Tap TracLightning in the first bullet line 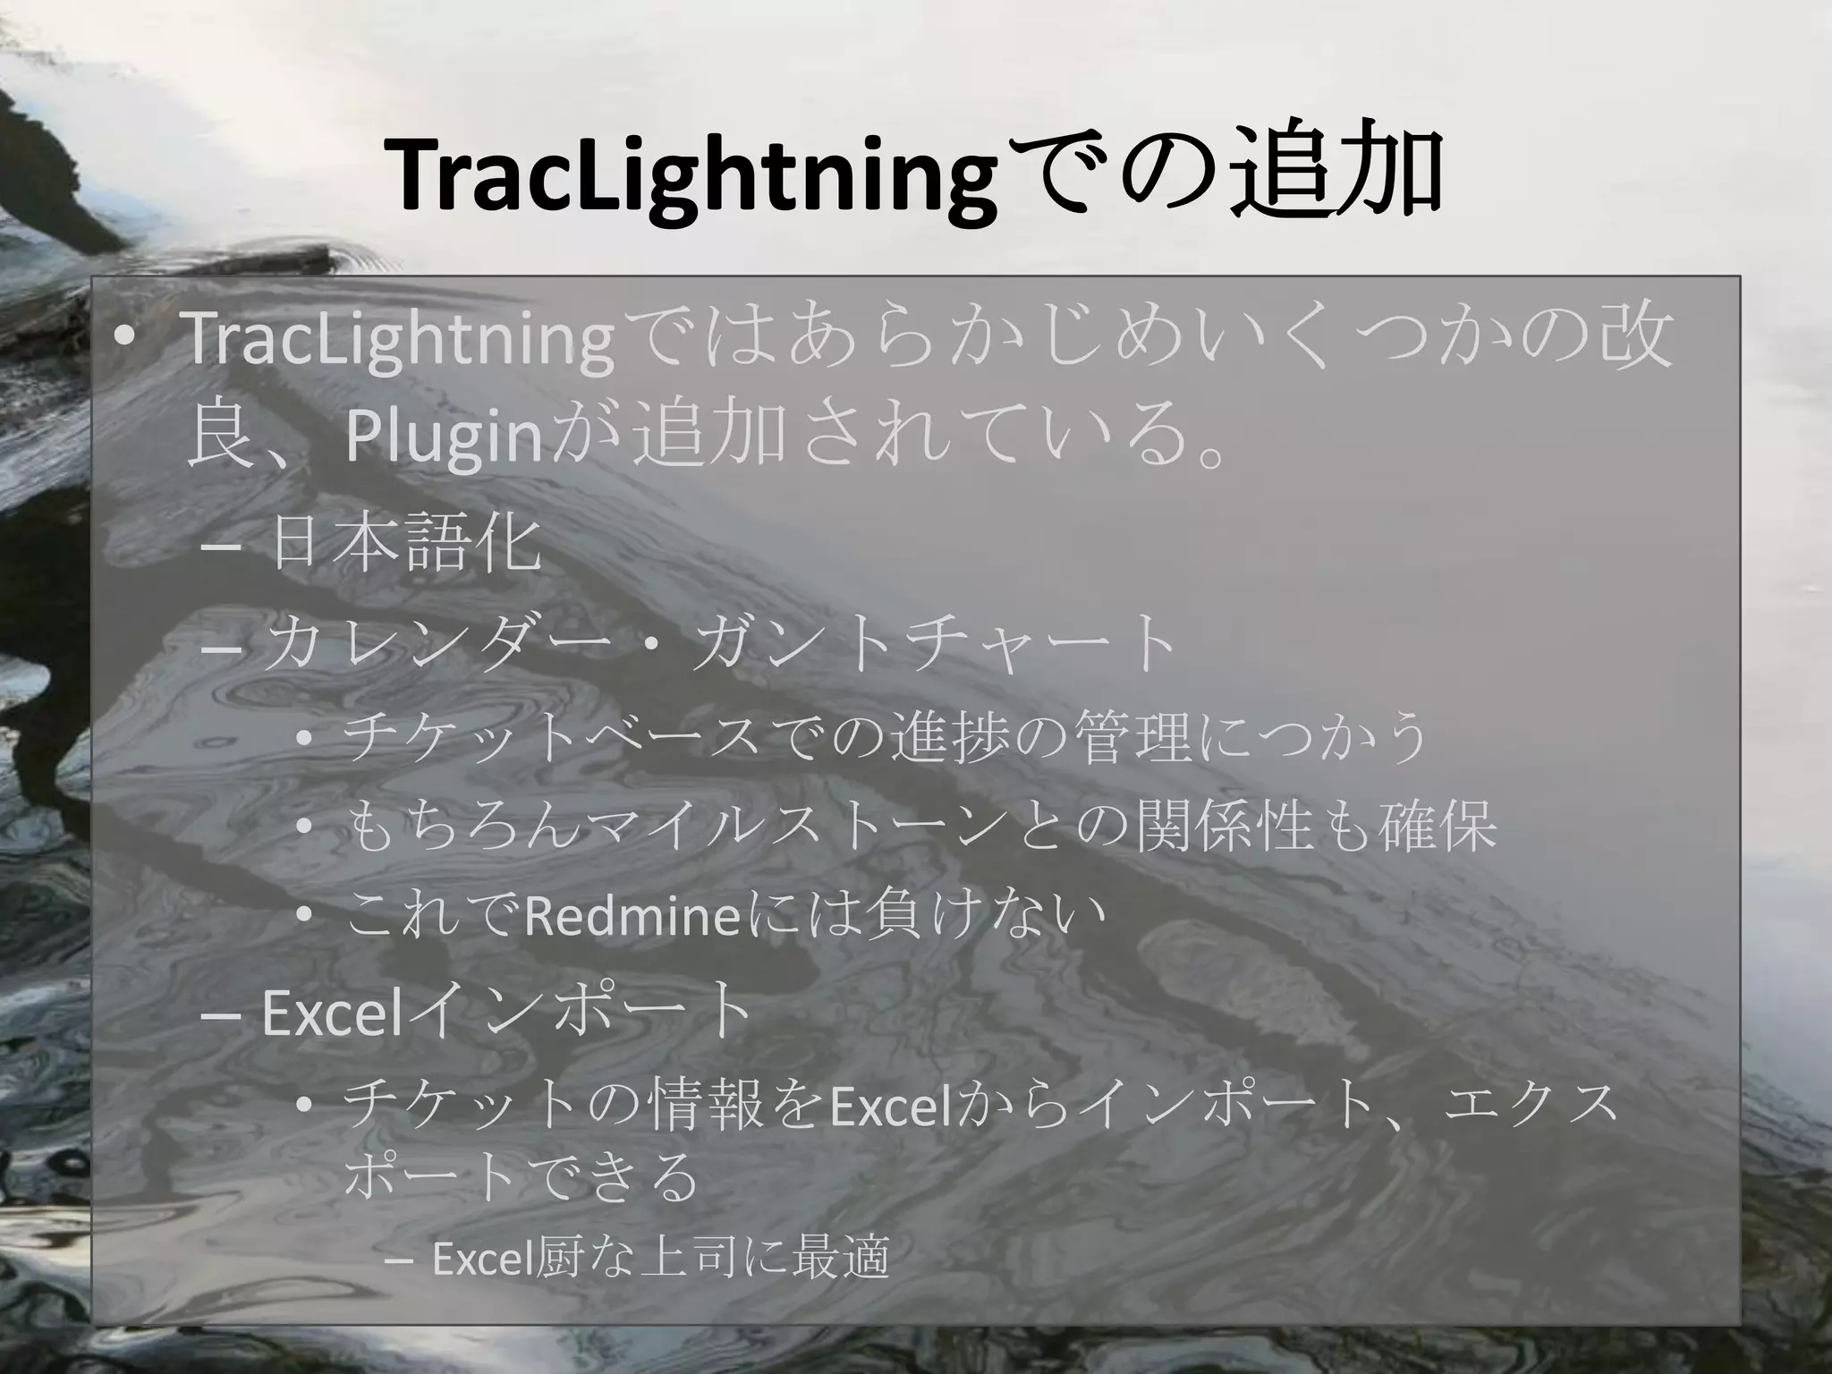399,342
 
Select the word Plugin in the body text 444,437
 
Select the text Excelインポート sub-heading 506,1012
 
